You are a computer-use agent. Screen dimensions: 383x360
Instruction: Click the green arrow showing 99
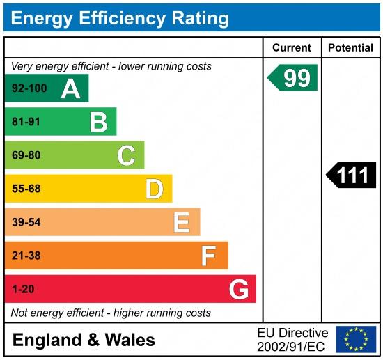(x=292, y=77)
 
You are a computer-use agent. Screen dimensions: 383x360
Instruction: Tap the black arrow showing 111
(x=351, y=175)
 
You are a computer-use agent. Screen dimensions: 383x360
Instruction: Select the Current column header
(x=292, y=47)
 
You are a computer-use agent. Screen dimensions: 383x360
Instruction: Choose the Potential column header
(x=350, y=47)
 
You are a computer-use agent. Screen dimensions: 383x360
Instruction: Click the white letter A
(x=70, y=89)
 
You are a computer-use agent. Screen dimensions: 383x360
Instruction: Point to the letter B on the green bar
(x=99, y=123)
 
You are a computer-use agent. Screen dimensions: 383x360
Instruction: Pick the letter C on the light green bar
(x=126, y=155)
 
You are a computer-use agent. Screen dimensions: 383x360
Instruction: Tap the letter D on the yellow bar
(x=155, y=189)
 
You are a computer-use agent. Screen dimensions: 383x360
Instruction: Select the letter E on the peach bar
(x=182, y=222)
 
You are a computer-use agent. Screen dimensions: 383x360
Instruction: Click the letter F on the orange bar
(x=208, y=256)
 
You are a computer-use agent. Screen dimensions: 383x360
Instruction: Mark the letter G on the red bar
(x=239, y=289)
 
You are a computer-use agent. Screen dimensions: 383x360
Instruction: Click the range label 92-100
(x=29, y=88)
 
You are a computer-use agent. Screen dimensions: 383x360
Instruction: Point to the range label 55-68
(x=26, y=189)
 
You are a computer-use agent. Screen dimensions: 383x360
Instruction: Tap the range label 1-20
(x=23, y=289)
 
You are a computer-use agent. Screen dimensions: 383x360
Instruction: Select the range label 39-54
(x=26, y=222)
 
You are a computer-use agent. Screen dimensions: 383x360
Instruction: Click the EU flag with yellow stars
(x=356, y=339)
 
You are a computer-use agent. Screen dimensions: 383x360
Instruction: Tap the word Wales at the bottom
(x=130, y=340)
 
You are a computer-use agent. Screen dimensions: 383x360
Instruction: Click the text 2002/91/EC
(x=291, y=347)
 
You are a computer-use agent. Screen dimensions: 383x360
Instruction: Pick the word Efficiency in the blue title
(x=122, y=19)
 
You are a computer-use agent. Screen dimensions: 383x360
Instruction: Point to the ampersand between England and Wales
(x=93, y=340)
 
